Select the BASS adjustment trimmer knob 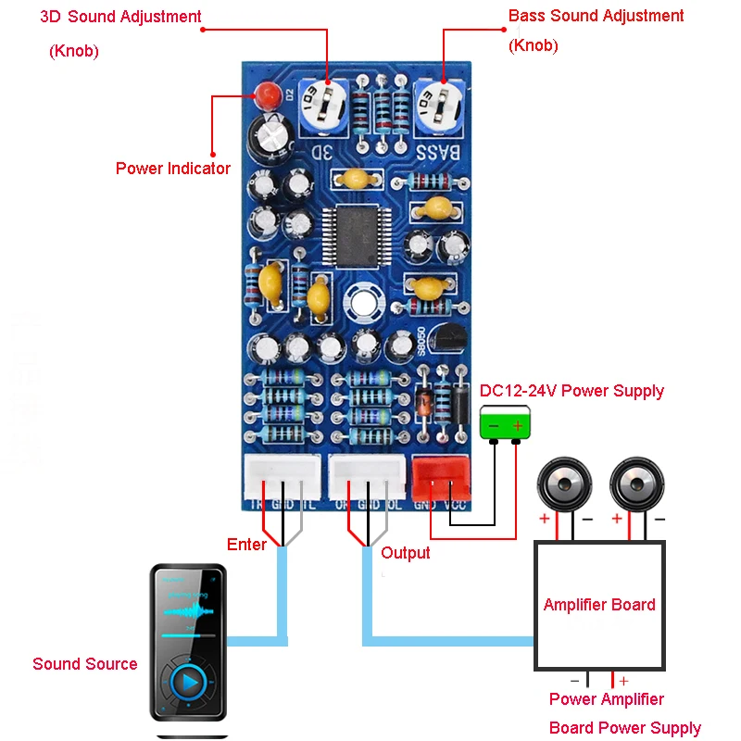coord(439,105)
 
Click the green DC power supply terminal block coord(505,425)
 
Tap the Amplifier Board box coord(599,605)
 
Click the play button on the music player coord(188,683)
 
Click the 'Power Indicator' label coord(173,169)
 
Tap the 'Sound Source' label coord(85,664)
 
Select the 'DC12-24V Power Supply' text coord(571,391)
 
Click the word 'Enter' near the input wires coord(246,545)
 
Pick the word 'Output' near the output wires coord(406,553)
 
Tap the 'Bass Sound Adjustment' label coord(597,17)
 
